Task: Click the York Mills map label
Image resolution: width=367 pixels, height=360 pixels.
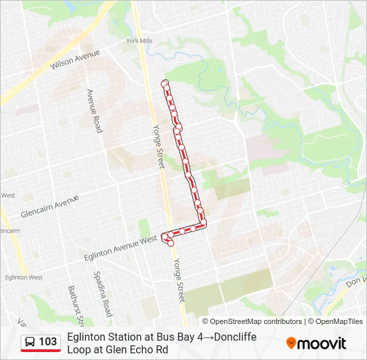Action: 139,41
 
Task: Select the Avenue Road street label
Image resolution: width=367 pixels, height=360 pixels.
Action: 94,110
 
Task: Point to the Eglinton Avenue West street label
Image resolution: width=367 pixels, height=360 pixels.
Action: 121,247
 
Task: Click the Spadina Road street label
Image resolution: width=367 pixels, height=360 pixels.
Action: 102,293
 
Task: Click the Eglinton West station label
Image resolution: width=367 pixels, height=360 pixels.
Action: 23,277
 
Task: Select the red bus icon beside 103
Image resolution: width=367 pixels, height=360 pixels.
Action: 30,342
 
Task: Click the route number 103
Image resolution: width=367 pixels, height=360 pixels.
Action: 48,342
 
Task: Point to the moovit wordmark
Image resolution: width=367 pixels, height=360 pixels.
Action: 321,343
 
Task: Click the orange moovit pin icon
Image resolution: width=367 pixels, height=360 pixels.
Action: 291,343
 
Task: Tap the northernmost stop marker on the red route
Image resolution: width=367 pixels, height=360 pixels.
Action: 165,83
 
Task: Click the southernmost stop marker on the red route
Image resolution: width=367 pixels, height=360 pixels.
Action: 171,244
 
